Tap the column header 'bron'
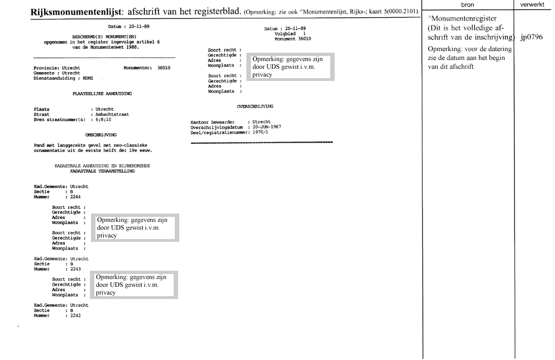(x=467, y=3)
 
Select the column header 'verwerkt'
(x=534, y=3)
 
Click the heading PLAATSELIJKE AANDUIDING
(x=102, y=94)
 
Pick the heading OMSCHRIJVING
(x=100, y=135)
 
